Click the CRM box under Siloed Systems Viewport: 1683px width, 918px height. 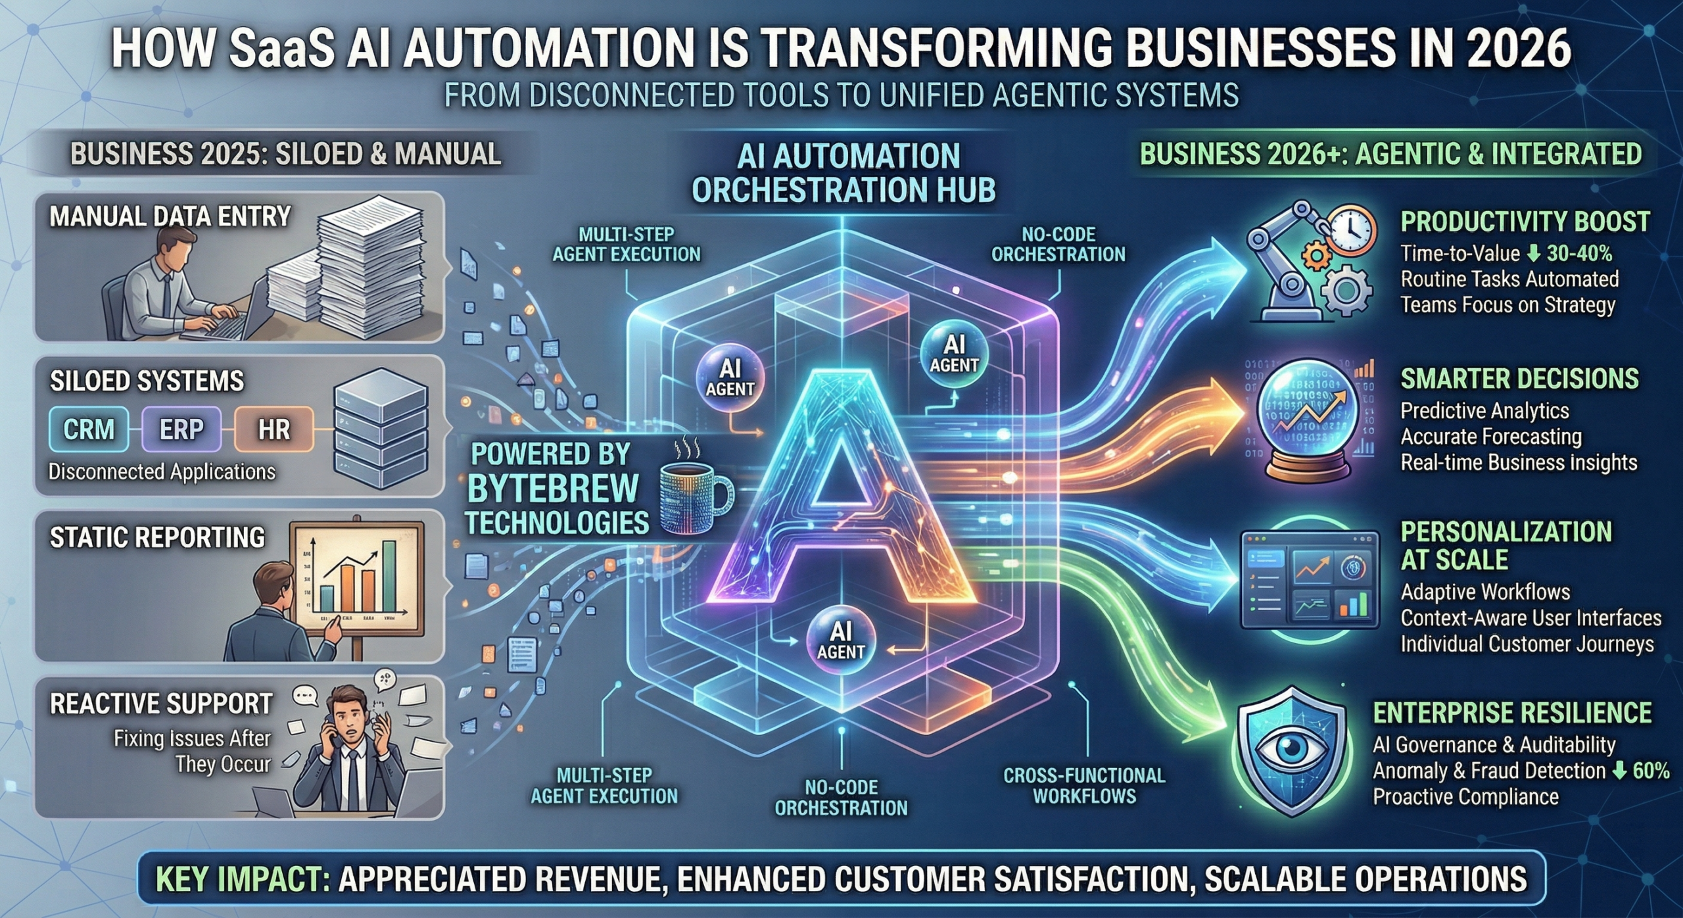pos(89,429)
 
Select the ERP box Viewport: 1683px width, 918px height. pos(181,429)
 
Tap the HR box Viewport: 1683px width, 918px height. pos(273,429)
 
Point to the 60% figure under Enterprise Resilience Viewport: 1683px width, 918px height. pos(1651,771)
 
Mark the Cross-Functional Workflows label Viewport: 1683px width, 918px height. pos(1084,785)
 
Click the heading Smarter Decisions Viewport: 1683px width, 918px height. pos(1519,379)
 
